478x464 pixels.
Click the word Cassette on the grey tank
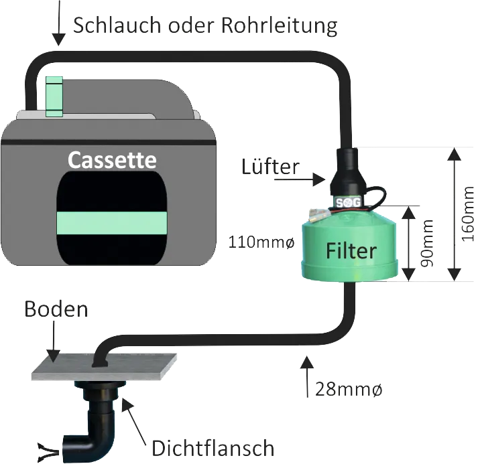[112, 160]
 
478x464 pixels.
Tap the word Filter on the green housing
[351, 251]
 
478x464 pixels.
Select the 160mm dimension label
[467, 214]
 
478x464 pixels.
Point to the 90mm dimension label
[426, 243]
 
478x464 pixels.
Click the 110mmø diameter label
[261, 242]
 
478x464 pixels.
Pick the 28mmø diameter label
[348, 390]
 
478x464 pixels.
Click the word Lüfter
[270, 167]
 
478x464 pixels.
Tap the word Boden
[56, 309]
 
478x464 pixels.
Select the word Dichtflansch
[213, 448]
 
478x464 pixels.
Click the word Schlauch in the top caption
[117, 25]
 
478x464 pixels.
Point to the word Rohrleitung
[279, 26]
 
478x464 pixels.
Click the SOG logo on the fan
[348, 202]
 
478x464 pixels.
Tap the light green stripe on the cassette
[112, 223]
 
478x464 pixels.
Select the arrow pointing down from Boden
[54, 341]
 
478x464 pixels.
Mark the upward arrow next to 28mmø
[307, 376]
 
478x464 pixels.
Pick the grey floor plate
[104, 367]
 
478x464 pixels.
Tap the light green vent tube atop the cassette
[54, 96]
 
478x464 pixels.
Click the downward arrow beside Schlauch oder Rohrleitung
[59, 23]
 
